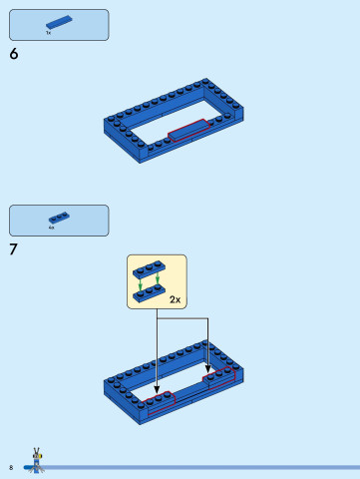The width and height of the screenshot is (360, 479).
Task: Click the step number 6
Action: click(x=14, y=55)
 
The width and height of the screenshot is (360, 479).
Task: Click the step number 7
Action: click(x=14, y=249)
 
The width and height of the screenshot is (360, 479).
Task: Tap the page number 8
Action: click(x=11, y=467)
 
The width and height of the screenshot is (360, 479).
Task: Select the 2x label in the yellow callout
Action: click(x=175, y=298)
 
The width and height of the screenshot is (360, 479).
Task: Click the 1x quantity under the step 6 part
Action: click(x=48, y=33)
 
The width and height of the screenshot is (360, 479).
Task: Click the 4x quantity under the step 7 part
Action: click(x=51, y=229)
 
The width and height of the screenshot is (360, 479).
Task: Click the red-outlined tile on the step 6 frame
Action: click(x=190, y=130)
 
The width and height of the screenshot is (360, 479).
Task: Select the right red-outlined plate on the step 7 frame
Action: click(x=221, y=375)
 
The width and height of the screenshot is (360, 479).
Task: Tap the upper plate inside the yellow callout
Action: click(x=150, y=269)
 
